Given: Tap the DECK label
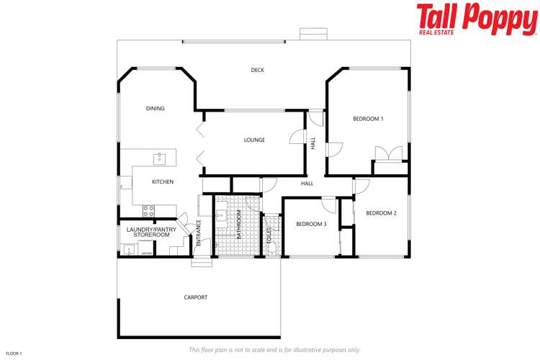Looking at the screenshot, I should (x=258, y=70).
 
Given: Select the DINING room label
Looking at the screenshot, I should (x=156, y=109).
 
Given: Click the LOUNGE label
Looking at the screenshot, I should (x=254, y=140).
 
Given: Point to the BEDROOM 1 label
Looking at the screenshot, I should (x=368, y=119).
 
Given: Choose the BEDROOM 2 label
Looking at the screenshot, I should (x=381, y=213).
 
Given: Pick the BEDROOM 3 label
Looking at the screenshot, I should (x=311, y=224).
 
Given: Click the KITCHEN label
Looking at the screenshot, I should (x=163, y=182).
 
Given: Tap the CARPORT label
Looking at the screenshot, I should (x=195, y=297).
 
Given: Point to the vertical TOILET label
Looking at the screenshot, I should (x=269, y=235).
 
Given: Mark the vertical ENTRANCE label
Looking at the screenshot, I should (x=199, y=234).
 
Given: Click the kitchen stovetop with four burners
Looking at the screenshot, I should (x=148, y=211).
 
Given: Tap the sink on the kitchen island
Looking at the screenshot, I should (x=159, y=158).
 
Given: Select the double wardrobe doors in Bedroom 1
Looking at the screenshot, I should (x=390, y=154).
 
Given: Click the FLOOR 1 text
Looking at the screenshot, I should (x=14, y=354).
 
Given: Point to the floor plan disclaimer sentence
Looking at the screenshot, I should (x=274, y=349).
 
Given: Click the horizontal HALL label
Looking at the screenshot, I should (x=307, y=184).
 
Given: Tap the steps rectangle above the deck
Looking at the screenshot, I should (x=312, y=35).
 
